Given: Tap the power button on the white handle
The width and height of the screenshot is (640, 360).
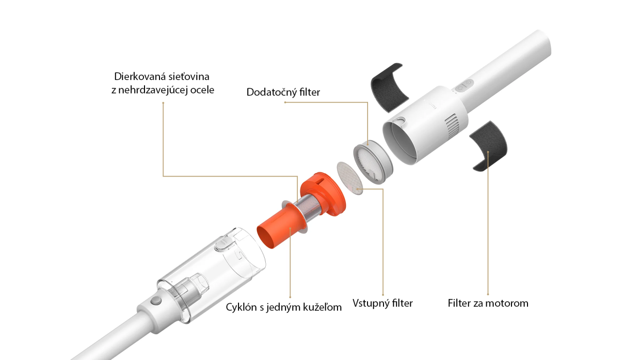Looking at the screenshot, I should (462, 87).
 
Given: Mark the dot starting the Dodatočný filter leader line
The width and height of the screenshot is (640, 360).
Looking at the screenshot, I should (285, 102).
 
